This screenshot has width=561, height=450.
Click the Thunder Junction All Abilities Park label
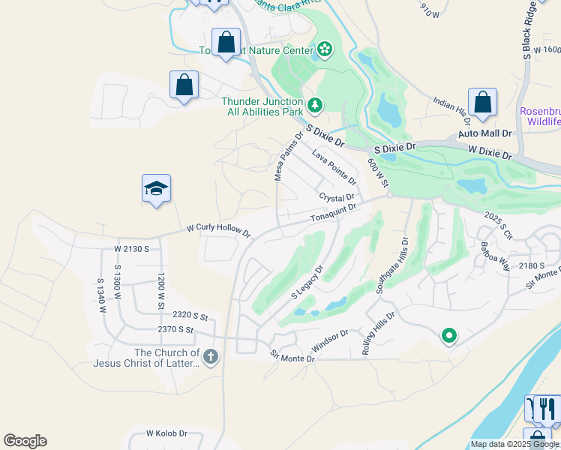[x=262, y=107]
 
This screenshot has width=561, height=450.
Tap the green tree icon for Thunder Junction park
[x=316, y=105]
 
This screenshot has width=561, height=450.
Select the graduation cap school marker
[x=156, y=188]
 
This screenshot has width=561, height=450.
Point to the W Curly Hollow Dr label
[x=218, y=231]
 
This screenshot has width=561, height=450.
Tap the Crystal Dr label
[x=336, y=197]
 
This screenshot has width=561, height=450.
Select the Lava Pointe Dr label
[x=334, y=166]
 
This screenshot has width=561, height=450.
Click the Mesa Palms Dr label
[x=288, y=157]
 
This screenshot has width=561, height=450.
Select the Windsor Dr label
[x=329, y=341]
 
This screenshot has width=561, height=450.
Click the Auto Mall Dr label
[x=484, y=133]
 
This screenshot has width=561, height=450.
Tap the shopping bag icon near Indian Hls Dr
[x=482, y=102]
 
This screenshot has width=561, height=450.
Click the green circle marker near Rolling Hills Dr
[x=448, y=335]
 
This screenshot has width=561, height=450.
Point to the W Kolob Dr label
[x=166, y=433]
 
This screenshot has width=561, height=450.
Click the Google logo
[x=25, y=441]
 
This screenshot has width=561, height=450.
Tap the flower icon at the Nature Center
[x=324, y=50]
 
